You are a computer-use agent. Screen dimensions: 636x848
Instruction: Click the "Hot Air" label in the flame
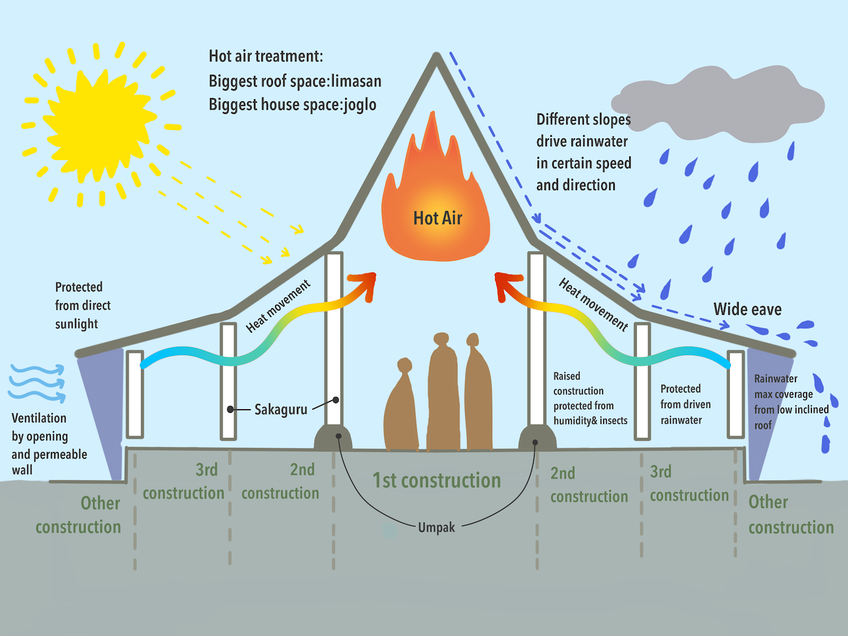coord(437,218)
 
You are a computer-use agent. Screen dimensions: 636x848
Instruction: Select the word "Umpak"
coord(436,527)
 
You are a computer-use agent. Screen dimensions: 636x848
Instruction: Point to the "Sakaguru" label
coord(280,410)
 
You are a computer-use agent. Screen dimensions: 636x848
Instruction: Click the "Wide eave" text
coord(747,309)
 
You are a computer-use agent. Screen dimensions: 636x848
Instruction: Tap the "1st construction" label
coord(436,480)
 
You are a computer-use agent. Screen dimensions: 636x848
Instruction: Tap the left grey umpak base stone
coord(333,438)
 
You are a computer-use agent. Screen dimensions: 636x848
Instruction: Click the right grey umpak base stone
coord(537,438)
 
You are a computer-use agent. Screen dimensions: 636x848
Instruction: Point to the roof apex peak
coord(437,56)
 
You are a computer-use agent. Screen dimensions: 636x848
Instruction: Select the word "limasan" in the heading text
coord(356,81)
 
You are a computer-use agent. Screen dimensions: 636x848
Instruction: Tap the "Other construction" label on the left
coord(78,515)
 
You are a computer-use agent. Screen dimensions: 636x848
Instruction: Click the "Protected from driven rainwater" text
coord(685,404)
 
